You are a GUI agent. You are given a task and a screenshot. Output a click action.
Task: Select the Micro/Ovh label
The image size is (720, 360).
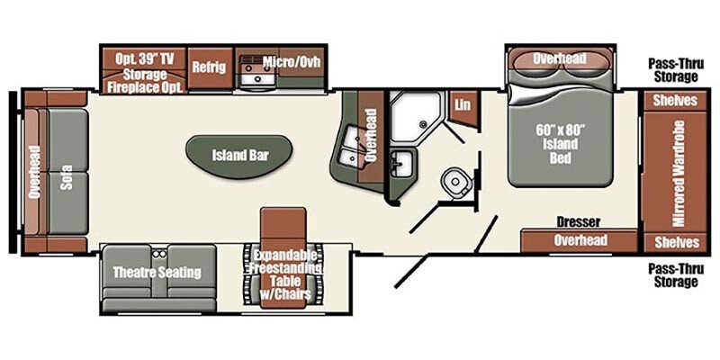point(291,61)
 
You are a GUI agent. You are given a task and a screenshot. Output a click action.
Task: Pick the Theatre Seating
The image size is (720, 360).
point(157,272)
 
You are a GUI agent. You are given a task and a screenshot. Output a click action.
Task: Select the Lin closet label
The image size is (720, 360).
point(463,104)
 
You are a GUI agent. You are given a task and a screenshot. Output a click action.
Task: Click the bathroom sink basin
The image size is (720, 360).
point(401,164)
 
